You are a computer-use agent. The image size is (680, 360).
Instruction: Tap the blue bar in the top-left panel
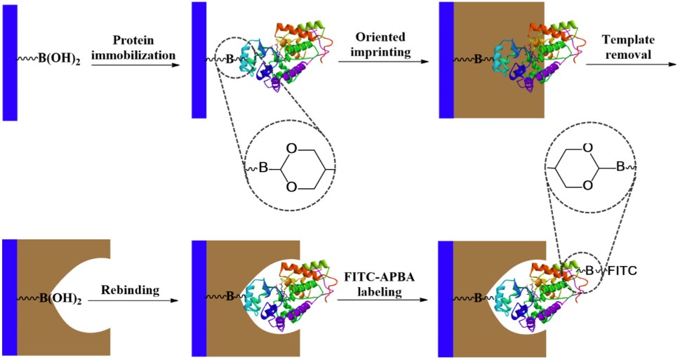pyautogui.click(x=10, y=62)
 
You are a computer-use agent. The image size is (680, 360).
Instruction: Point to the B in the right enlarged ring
pyautogui.click(x=620, y=167)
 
